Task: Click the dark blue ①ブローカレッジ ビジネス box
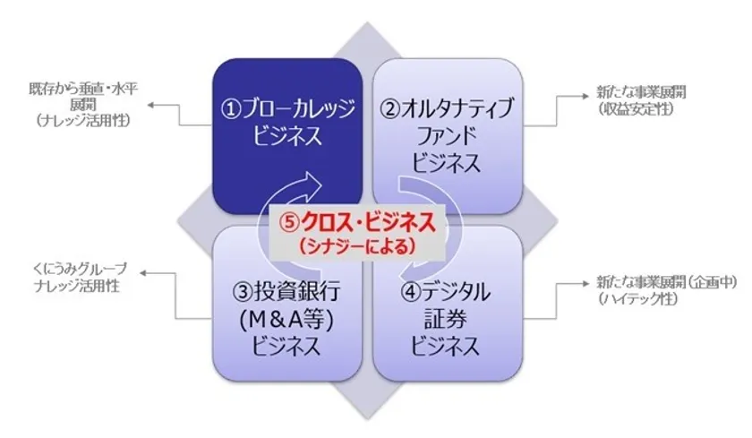[287, 136]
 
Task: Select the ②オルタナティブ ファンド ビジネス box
[448, 136]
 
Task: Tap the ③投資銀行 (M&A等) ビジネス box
[287, 304]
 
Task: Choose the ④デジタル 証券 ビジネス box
[448, 304]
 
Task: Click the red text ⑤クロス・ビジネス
[358, 223]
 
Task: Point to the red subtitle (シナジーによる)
[356, 246]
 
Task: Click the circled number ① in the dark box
[230, 109]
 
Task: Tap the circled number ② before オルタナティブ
[389, 109]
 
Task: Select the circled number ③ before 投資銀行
[243, 291]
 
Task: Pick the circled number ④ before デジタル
[411, 291]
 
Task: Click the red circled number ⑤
[289, 223]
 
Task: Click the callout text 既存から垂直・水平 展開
[83, 97]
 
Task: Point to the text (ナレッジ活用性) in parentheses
[82, 120]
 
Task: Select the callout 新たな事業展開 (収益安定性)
[641, 100]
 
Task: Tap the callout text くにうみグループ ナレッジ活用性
[79, 278]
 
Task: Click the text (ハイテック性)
[637, 299]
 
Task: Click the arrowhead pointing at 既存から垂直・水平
[150, 105]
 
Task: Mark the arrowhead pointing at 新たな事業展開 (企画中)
[585, 284]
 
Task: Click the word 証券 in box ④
[445, 319]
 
